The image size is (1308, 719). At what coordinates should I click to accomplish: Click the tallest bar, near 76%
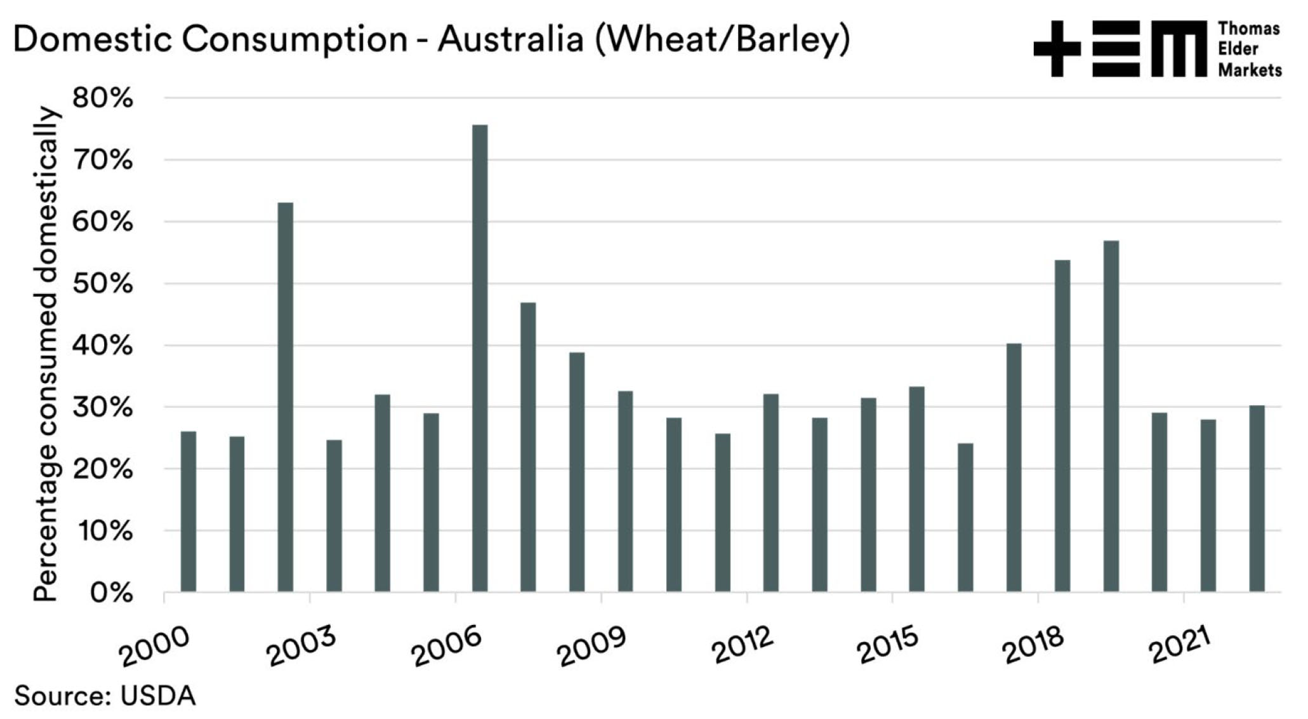coord(480,359)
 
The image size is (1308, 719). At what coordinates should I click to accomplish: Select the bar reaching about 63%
coord(286,398)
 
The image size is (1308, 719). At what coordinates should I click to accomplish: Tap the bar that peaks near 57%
coord(1111,417)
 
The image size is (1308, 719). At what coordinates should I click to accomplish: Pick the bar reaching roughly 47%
coord(528,447)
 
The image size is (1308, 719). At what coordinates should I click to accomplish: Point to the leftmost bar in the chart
coord(188,512)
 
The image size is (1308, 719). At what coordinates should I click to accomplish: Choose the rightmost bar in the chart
coord(1257,499)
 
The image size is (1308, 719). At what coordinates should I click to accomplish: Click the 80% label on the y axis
coord(103,99)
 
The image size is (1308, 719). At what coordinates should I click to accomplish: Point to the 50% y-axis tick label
coord(103,284)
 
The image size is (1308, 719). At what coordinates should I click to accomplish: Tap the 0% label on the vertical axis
coord(111,593)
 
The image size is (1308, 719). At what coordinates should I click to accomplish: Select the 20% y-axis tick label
coord(103,469)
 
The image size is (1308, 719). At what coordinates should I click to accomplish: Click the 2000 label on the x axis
coord(155,647)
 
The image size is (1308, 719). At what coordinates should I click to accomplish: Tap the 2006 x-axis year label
coord(447,647)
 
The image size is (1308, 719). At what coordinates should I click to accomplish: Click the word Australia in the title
coord(510,39)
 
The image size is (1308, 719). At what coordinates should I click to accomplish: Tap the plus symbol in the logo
coord(1057,48)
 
